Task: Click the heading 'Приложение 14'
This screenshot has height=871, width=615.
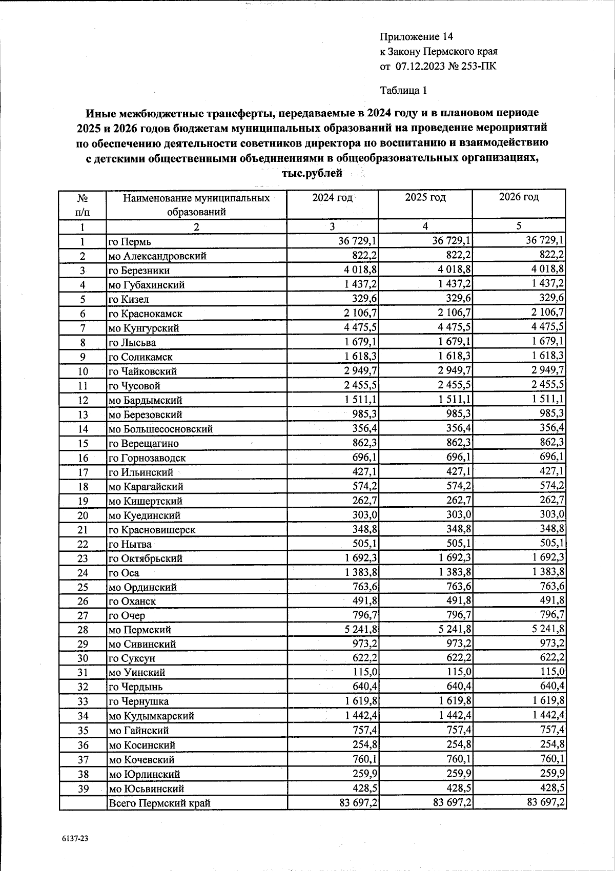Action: click(416, 37)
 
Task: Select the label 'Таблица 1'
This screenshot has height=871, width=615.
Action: click(403, 91)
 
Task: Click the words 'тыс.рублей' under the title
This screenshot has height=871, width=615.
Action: click(312, 173)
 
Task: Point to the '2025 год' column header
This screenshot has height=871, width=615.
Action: click(425, 197)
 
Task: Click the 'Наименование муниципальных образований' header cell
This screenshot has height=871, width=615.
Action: click(196, 204)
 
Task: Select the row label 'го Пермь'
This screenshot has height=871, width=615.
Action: click(129, 242)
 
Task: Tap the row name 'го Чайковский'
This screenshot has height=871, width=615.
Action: click(142, 371)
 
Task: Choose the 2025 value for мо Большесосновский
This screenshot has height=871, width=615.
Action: click(455, 428)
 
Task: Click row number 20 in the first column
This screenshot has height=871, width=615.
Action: click(83, 515)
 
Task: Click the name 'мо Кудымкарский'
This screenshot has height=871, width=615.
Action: click(151, 716)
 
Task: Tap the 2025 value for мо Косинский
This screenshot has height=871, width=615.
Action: click(455, 744)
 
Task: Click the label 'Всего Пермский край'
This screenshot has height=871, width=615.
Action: click(159, 803)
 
